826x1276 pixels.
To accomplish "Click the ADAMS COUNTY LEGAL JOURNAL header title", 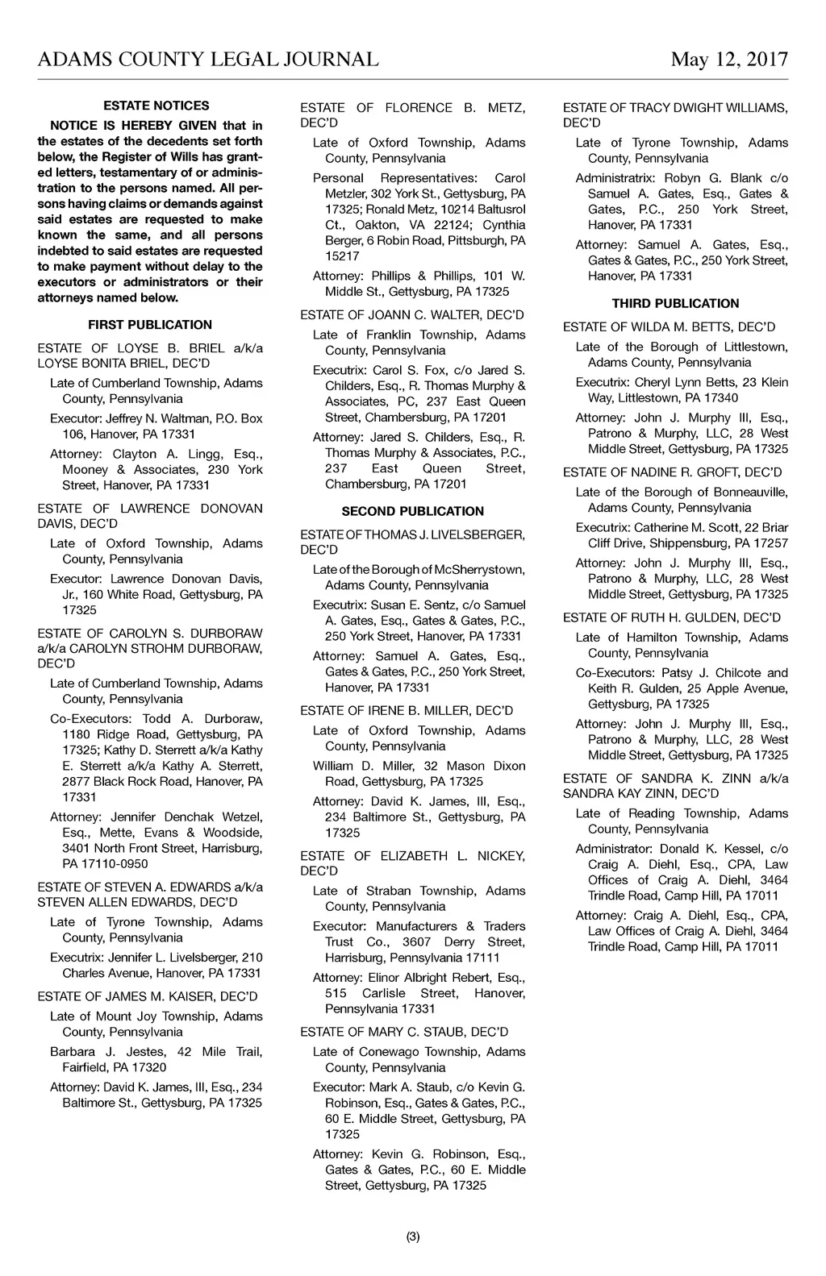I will pos(208,60).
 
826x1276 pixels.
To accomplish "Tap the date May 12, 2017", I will pos(729,60).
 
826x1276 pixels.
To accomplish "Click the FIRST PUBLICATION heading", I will pos(150,325).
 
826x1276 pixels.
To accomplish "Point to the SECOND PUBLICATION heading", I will pos(413,511).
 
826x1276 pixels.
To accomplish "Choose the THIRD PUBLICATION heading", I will pos(675,304).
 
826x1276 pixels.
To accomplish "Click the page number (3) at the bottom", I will pos(413,1237).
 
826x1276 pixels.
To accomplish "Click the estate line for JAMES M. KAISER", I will pos(148,996).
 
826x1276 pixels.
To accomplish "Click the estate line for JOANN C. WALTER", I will pos(412,314).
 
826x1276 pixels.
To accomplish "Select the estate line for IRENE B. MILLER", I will pos(407,710).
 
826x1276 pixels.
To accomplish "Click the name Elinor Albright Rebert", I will pos(426,978).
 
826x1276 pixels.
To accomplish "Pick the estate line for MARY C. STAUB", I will pos(404,1032).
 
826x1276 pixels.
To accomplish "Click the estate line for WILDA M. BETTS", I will pos(669,326).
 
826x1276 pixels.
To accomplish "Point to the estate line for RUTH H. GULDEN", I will pos(672,617).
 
